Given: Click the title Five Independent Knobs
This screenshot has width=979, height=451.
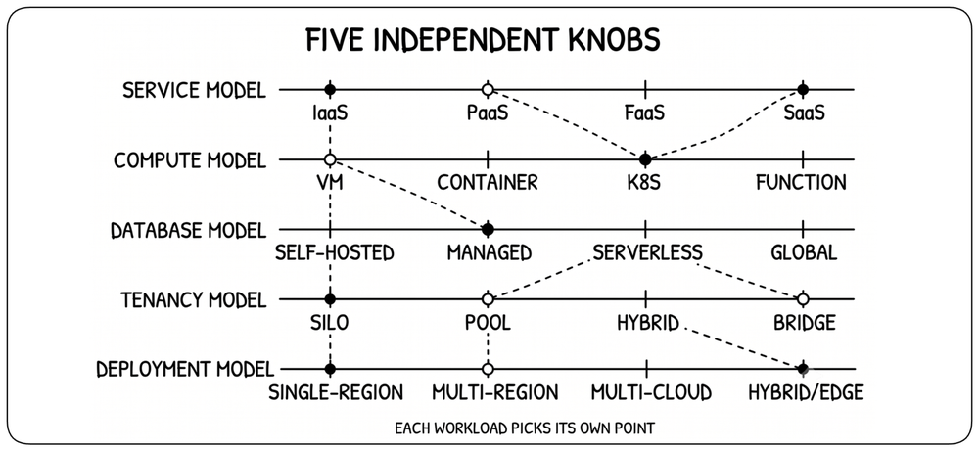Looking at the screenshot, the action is coord(483,40).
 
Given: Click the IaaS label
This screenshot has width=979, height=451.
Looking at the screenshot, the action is coord(330,113).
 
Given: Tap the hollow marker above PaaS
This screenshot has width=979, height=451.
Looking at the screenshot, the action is coord(488,90).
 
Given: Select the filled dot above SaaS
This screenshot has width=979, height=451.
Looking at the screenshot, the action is coord(803,90).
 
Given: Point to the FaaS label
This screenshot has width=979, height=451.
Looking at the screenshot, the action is coord(645,113).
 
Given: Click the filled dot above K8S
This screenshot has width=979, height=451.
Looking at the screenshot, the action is coord(645,159).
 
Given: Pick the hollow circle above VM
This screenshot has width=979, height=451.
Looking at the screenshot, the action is coord(330,159).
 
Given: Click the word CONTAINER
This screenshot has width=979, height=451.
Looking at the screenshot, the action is coord(488,183).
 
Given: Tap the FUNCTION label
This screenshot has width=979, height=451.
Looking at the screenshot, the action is coord(802,183).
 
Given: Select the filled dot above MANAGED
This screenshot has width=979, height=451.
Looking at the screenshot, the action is coord(488,230).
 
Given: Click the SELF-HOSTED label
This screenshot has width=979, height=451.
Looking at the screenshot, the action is coord(335,252).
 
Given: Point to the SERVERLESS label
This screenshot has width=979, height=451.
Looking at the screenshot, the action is coord(648,252).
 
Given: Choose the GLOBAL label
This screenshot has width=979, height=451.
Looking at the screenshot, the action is coord(804,252).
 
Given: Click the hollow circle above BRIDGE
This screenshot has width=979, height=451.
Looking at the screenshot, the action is coord(803,299).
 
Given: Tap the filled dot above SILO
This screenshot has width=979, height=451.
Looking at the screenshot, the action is coord(330,299).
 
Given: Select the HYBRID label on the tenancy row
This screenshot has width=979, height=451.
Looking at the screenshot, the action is coord(647,323).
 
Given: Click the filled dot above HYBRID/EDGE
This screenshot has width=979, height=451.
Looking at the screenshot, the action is coord(803,369).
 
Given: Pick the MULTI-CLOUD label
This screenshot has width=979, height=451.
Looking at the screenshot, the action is coord(651,392).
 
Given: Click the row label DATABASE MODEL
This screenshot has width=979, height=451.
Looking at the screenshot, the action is coord(188,230).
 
